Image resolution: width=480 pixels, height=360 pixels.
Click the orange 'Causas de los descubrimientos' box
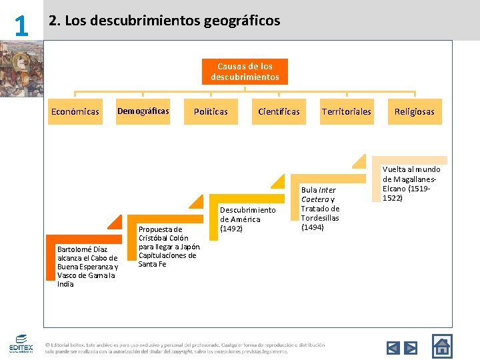pyautogui.click(x=245, y=71)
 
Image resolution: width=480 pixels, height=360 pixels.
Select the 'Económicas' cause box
pyautogui.click(x=75, y=111)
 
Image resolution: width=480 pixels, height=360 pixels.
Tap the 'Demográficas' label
pyautogui.click(x=143, y=111)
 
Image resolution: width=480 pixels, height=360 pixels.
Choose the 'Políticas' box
pyautogui.click(x=211, y=111)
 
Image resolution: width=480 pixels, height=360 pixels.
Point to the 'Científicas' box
pyautogui.click(x=279, y=111)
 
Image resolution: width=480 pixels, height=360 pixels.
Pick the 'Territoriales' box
pyautogui.click(x=346, y=111)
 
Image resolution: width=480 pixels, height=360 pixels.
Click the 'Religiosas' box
pyautogui.click(x=414, y=111)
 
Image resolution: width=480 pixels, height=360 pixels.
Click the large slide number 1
pyautogui.click(x=21, y=25)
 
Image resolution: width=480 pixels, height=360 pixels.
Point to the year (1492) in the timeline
pyautogui.click(x=233, y=229)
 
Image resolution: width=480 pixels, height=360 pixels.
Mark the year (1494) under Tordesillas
pyautogui.click(x=312, y=227)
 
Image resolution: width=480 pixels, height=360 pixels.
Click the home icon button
pyautogui.click(x=441, y=346)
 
